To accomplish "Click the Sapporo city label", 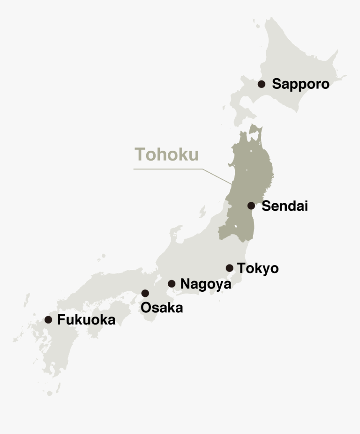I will (301, 84).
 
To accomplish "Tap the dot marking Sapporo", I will (262, 84).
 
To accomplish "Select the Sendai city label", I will (285, 206).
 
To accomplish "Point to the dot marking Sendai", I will (251, 205).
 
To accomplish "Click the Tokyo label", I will (257, 268).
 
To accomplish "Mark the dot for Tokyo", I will (229, 268).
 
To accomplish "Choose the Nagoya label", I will (206, 284).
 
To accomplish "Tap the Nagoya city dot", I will (172, 284).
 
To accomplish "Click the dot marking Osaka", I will (145, 293).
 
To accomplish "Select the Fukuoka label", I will (86, 320).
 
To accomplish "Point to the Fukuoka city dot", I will (49, 320).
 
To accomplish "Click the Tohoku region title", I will (167, 154).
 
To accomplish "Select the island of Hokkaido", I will (293, 59).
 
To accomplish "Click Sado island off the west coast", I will (203, 212).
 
